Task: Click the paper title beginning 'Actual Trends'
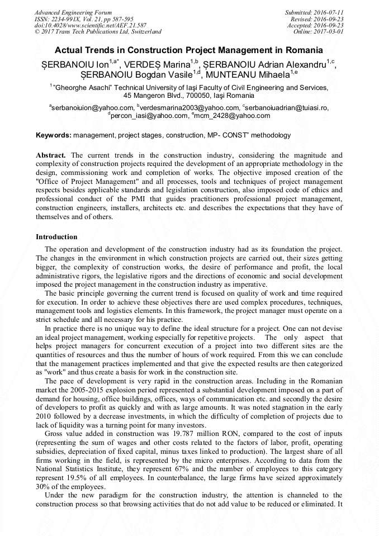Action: point(189,50)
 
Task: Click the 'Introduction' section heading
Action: point(56,237)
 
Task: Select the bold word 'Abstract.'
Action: point(51,155)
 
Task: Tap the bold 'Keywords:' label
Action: point(54,135)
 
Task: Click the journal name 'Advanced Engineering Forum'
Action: point(73,12)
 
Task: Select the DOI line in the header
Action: point(91,25)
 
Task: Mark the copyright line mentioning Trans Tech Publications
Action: point(98,32)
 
